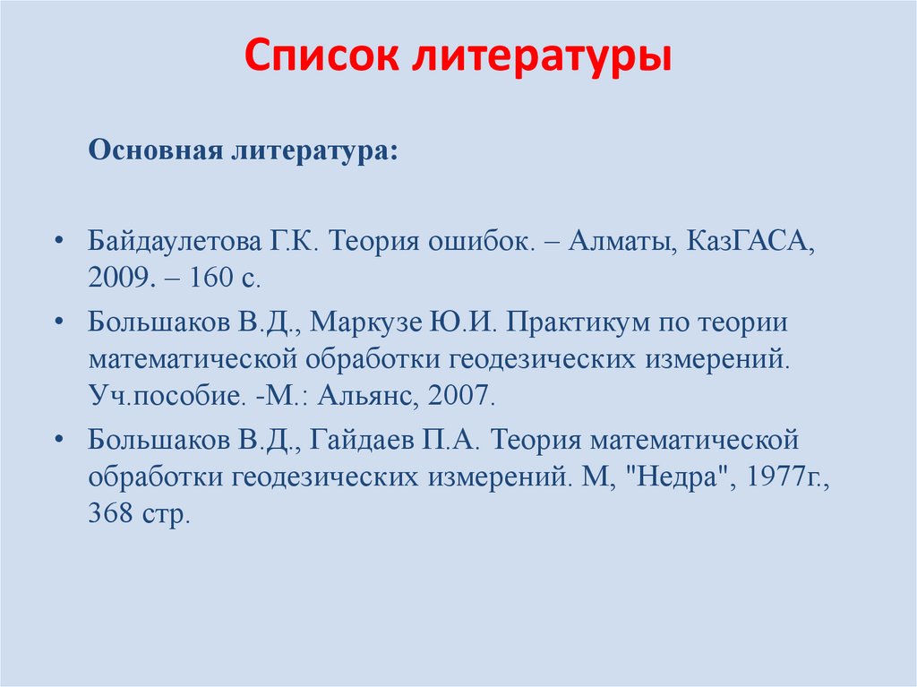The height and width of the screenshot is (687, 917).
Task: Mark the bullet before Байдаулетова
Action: click(59, 242)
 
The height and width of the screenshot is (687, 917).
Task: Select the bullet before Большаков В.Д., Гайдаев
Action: click(59, 440)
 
